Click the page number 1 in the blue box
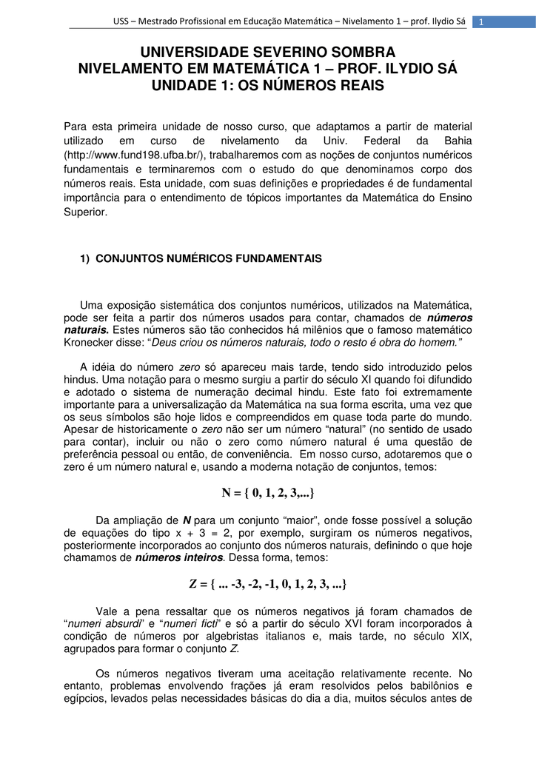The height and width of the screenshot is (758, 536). click(480, 21)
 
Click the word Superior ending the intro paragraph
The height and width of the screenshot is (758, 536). click(86, 211)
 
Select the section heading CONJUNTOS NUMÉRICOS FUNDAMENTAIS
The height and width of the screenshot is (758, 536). click(210, 258)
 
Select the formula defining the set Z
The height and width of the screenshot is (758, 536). click(268, 585)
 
